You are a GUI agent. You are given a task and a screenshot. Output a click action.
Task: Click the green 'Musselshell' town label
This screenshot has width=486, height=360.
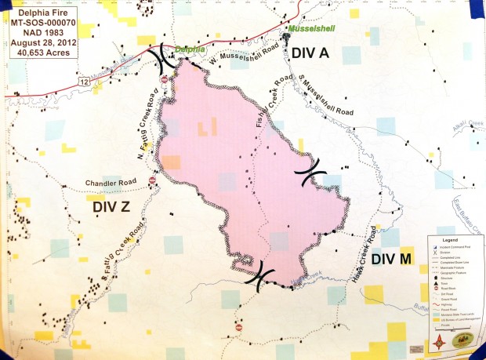point(311,29)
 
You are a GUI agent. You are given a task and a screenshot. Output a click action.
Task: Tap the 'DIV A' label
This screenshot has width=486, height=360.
point(315,52)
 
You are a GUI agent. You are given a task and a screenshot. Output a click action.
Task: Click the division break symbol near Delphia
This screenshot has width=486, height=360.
point(166,56)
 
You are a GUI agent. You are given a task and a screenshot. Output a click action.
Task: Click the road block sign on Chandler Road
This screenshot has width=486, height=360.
point(152,180)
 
